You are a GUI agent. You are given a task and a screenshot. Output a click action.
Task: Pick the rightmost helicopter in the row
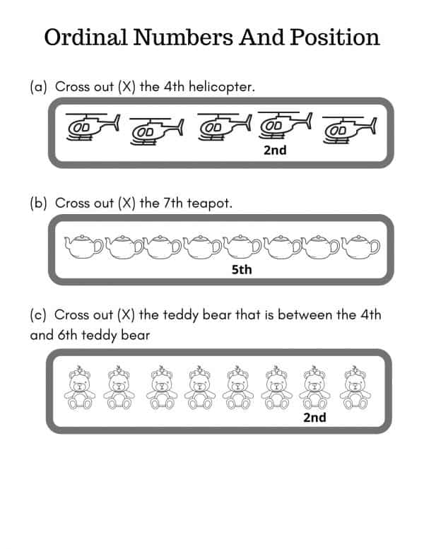349,129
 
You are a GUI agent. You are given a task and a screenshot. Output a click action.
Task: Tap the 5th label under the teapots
242,269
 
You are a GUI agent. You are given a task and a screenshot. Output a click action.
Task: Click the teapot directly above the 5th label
242,247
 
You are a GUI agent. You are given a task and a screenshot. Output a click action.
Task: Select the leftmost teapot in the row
83,247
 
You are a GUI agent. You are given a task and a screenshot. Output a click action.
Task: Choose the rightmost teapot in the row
361,247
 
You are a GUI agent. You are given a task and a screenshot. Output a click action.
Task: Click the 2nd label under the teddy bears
314,417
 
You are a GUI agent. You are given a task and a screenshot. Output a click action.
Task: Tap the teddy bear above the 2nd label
312,388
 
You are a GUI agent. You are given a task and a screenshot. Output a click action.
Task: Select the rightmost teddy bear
351,388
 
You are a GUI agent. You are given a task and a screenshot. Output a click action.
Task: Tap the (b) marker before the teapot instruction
38,203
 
